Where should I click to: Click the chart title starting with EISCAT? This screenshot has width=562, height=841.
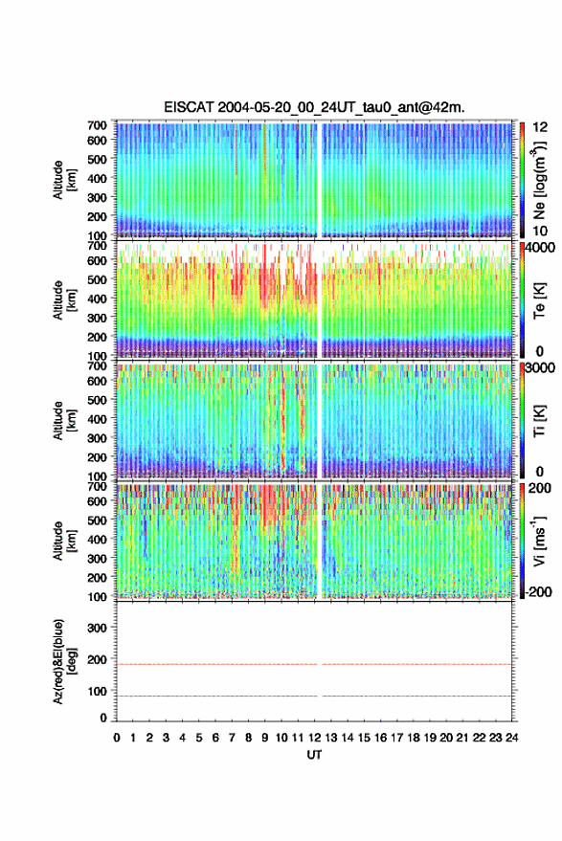[314, 107]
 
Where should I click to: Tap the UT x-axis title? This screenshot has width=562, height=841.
[314, 755]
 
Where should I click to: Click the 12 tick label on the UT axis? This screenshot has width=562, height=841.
[314, 738]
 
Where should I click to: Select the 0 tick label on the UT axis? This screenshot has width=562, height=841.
[117, 738]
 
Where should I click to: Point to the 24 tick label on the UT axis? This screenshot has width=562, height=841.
[511, 738]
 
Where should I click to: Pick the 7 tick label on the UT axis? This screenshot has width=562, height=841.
[232, 738]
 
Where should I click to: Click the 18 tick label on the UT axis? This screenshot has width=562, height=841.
[413, 738]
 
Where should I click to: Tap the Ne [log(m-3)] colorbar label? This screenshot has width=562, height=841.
[539, 180]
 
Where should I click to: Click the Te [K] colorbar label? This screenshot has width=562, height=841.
[539, 300]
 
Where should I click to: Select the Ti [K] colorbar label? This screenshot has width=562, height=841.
[539, 421]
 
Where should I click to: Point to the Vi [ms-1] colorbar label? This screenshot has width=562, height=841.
[539, 541]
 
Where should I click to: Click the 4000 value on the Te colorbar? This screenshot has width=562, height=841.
[540, 248]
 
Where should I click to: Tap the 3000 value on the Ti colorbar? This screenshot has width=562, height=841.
[540, 368]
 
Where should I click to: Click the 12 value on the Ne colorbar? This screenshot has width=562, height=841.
[540, 127]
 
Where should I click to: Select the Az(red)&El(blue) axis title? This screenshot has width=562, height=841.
[64, 661]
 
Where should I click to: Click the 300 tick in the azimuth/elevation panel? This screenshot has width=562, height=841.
[98, 628]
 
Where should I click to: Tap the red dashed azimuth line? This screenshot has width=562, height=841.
[314, 664]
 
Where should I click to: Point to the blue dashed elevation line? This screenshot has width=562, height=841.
[314, 696]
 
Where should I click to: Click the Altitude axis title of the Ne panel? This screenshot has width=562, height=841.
[64, 180]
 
